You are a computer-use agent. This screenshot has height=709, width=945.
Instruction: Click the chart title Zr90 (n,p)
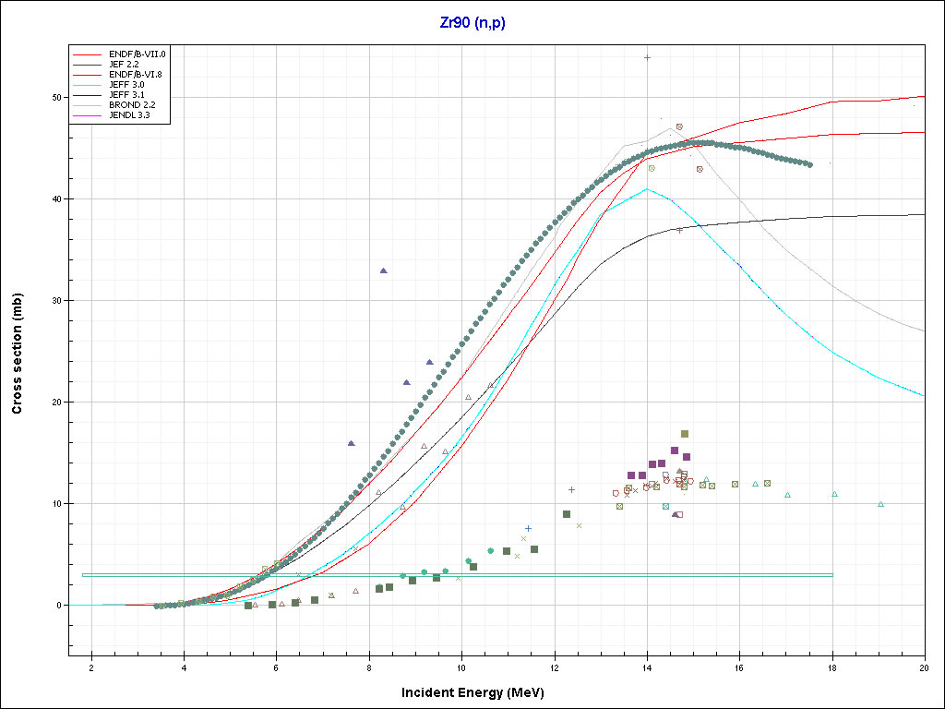tap(472, 23)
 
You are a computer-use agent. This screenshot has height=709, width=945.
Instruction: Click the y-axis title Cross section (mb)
tap(18, 354)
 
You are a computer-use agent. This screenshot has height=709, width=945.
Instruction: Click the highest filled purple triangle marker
tap(384, 270)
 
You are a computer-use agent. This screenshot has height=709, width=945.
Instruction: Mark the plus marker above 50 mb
tap(648, 57)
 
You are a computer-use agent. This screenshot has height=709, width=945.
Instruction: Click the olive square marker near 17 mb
tap(685, 433)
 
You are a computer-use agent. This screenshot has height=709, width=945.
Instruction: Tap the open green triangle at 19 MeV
tap(880, 504)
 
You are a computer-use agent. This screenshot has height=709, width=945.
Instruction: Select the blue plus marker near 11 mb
tap(571, 489)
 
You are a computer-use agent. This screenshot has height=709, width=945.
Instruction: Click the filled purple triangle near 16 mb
tap(352, 443)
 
